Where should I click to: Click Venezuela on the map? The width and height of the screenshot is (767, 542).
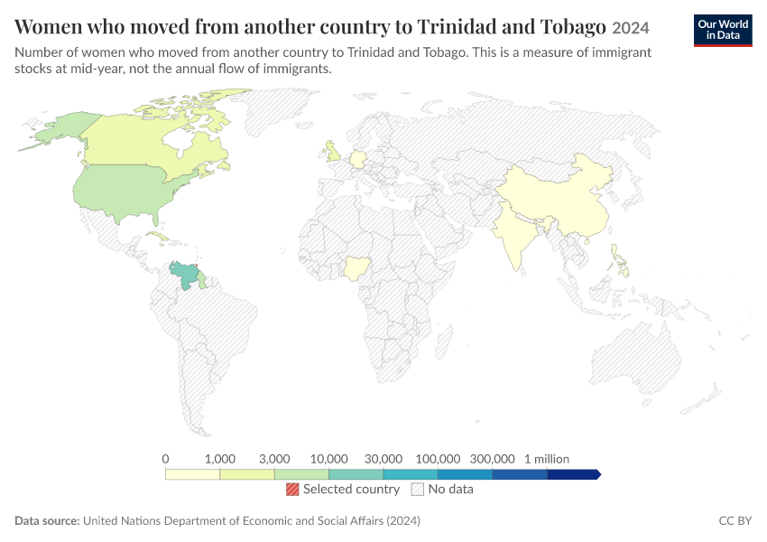pyautogui.click(x=184, y=275)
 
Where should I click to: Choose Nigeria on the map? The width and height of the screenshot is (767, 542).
pyautogui.click(x=356, y=268)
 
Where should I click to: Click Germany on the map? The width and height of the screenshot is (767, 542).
pyautogui.click(x=357, y=159)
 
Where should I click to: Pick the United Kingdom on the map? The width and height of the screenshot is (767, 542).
pyautogui.click(x=334, y=152)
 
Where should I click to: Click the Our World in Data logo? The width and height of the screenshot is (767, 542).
pyautogui.click(x=723, y=31)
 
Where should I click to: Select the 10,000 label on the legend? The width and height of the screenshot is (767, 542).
pyautogui.click(x=328, y=459)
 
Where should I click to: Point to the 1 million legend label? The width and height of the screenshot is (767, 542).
pyautogui.click(x=547, y=459)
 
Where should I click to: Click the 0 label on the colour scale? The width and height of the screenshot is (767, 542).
pyautogui.click(x=165, y=459)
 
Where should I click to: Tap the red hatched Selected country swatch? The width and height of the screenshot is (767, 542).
pyautogui.click(x=292, y=489)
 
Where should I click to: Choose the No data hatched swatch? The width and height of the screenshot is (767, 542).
pyautogui.click(x=417, y=489)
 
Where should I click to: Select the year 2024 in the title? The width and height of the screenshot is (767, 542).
pyautogui.click(x=631, y=28)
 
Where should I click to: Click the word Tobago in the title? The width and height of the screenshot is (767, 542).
pyautogui.click(x=573, y=27)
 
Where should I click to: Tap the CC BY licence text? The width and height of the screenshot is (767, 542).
pyautogui.click(x=735, y=520)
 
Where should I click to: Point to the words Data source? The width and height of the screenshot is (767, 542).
pyautogui.click(x=47, y=520)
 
